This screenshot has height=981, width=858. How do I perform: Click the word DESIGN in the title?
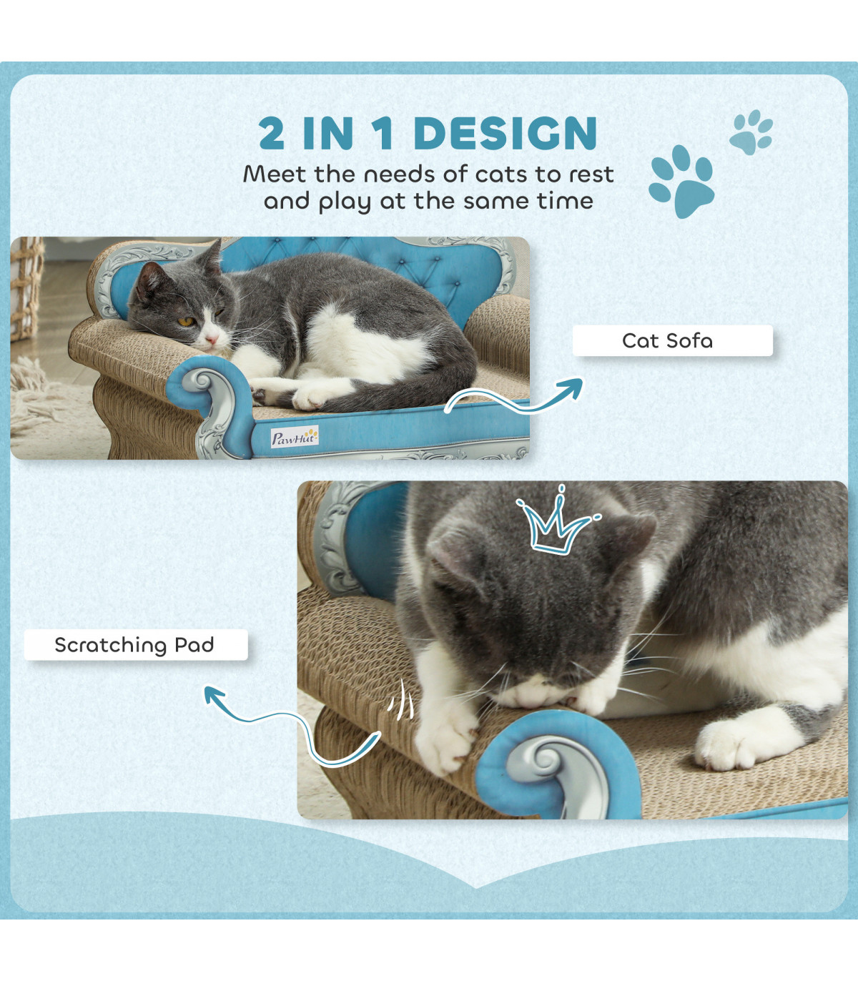(x=506, y=133)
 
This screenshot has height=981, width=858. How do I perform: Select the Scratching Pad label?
(x=136, y=645)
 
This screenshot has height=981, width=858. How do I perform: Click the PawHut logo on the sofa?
(x=295, y=438)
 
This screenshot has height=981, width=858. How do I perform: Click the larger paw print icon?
(x=681, y=181)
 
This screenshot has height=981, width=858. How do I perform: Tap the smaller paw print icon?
(x=751, y=132)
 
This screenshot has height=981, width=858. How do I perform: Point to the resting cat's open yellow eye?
(x=185, y=321)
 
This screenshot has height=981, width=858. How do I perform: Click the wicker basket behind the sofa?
(x=26, y=287)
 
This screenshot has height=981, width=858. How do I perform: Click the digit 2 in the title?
(x=272, y=133)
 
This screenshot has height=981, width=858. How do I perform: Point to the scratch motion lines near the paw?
(x=401, y=701)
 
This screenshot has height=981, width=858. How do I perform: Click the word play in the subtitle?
(x=344, y=202)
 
